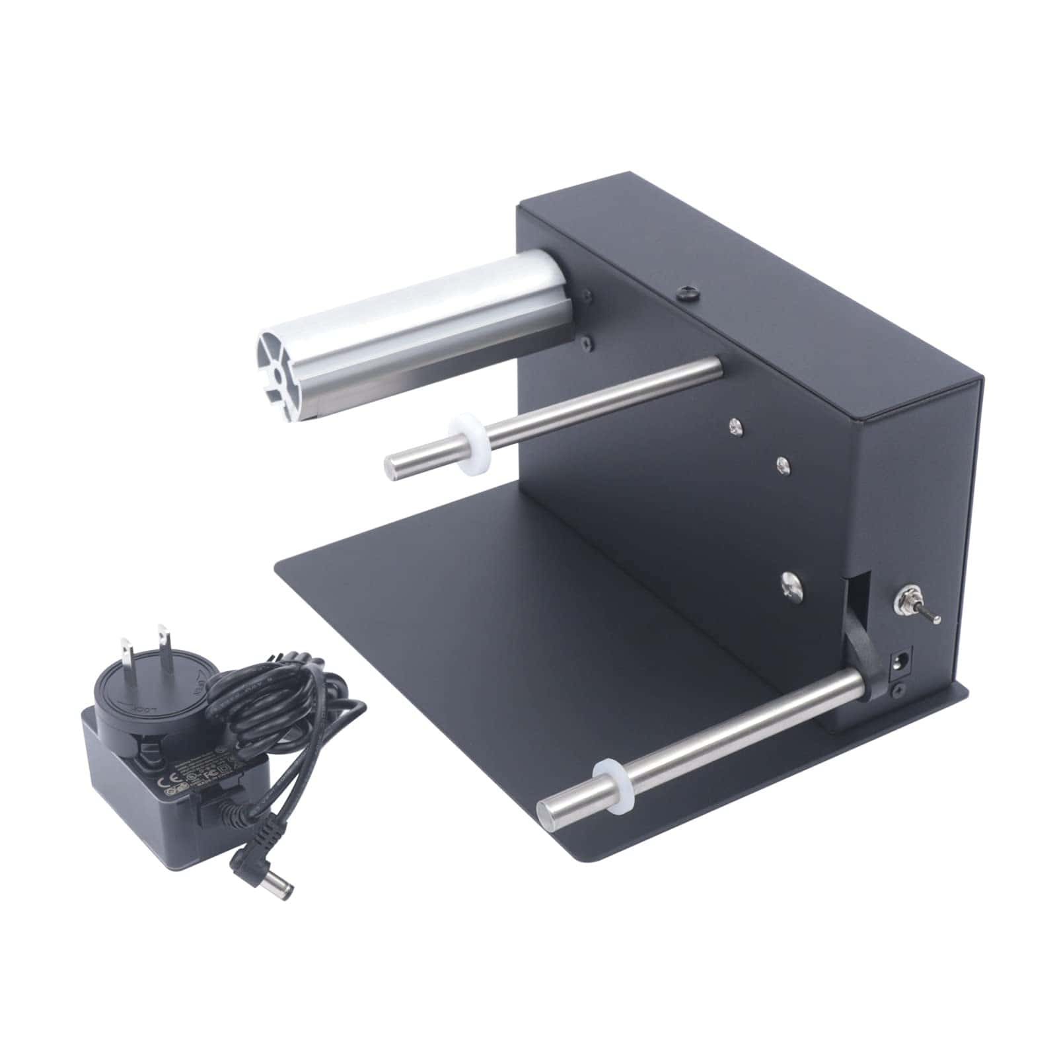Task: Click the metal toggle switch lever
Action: coord(929,616)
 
